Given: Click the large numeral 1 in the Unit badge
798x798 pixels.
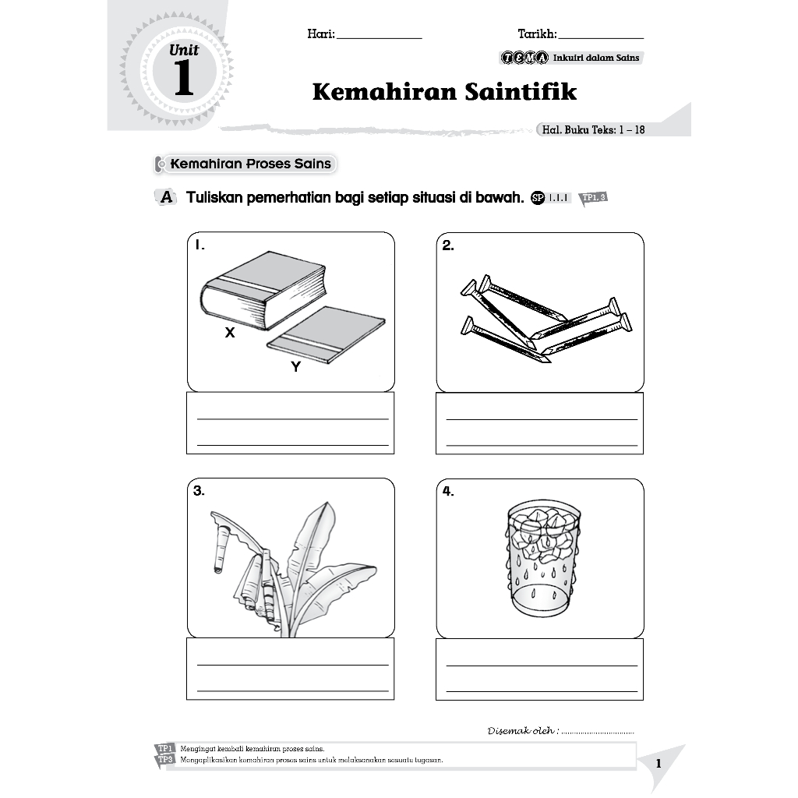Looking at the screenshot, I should tap(184, 79).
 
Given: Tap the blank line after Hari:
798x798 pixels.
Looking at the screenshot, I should tap(380, 37).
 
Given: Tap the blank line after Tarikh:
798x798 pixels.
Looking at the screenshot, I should tap(601, 37).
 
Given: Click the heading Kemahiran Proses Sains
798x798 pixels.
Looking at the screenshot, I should tap(250, 164).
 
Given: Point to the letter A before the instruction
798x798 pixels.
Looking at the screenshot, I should tap(165, 198).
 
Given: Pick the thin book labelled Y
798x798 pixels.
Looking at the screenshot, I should tap(327, 334).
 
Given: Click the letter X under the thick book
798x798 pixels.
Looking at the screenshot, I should tap(230, 333).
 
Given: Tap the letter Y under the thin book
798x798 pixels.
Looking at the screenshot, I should tap(295, 368).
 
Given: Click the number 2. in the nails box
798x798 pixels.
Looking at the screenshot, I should tap(448, 246).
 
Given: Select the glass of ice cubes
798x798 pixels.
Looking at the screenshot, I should tap(540, 559).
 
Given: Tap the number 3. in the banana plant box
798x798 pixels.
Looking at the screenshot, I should tap(199, 491).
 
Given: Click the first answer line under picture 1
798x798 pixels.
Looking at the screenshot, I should tap(292, 418).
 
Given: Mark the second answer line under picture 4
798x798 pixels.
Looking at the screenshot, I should tap(541, 690).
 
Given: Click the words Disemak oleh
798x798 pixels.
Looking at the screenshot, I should tap(521, 731).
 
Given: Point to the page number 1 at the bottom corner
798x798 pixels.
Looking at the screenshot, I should tap(659, 764).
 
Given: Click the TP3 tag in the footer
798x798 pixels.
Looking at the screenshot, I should tap(164, 760).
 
